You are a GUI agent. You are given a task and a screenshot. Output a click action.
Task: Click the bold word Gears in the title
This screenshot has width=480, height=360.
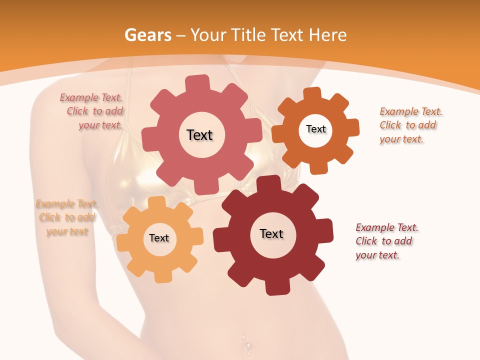click(147, 35)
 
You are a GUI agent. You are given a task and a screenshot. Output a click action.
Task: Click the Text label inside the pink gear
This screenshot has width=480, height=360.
click(199, 135)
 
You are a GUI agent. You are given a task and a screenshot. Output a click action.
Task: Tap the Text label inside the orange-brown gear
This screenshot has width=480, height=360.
click(315, 129)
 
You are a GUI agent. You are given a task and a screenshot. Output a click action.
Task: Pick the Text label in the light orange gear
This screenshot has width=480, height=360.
click(159, 238)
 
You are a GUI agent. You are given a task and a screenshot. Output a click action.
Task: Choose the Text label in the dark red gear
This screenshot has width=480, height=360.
click(271, 233)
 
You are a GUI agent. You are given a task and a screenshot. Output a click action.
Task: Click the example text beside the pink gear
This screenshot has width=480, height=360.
click(92, 111)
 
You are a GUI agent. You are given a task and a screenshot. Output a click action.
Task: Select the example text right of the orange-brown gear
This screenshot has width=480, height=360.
click(410, 125)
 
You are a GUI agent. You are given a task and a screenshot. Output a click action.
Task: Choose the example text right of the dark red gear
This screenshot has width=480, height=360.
click(386, 241)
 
